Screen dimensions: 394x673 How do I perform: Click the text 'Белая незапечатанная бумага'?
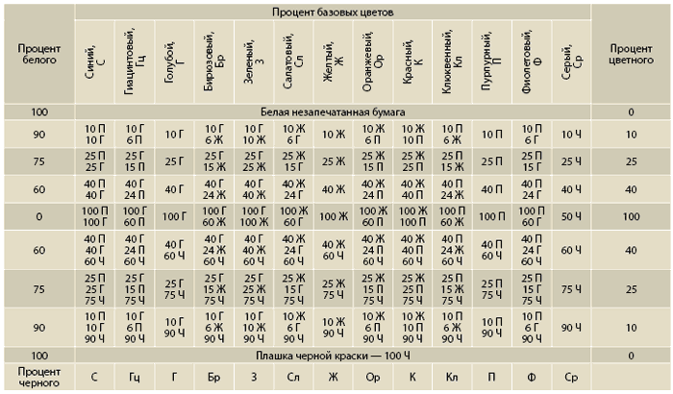click(333, 112)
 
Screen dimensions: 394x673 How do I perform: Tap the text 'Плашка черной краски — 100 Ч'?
click(333, 355)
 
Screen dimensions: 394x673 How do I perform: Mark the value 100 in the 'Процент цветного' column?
click(631, 217)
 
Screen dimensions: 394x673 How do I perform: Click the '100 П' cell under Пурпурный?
click(492, 217)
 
